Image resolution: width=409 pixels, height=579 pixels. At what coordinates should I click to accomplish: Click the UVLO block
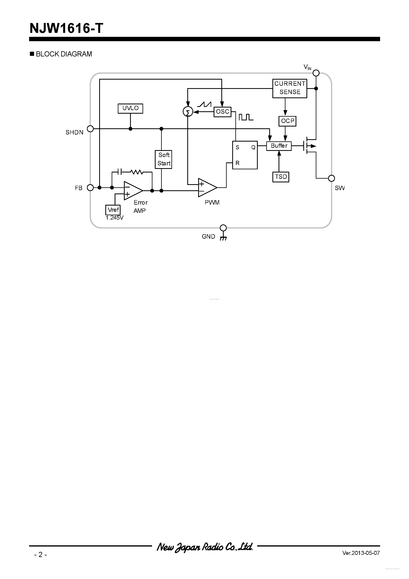[130, 109]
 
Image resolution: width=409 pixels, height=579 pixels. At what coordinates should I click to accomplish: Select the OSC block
[222, 112]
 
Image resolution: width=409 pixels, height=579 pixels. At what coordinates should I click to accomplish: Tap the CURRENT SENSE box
[290, 88]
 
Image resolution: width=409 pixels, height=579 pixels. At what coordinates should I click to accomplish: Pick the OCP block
[287, 121]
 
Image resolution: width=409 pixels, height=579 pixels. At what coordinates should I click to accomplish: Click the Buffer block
[279, 146]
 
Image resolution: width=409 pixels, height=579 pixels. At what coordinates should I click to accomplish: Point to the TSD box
[281, 177]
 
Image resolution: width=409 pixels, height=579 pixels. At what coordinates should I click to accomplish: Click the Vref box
[113, 210]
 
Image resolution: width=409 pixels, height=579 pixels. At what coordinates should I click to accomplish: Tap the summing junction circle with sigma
[188, 112]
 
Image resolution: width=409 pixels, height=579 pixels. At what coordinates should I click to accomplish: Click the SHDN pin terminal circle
[90, 129]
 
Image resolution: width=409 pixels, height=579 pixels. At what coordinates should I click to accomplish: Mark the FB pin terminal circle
[90, 188]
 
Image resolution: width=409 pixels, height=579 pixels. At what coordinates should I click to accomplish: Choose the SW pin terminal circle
[331, 178]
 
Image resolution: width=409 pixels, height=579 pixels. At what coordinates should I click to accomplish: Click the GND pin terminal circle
[223, 228]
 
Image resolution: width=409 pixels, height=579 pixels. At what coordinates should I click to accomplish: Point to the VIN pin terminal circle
[316, 73]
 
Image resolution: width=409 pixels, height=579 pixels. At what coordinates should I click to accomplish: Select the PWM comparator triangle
[207, 188]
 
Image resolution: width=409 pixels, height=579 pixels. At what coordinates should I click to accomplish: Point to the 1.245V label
[114, 218]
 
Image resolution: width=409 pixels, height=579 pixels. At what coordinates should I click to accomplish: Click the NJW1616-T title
[66, 28]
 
